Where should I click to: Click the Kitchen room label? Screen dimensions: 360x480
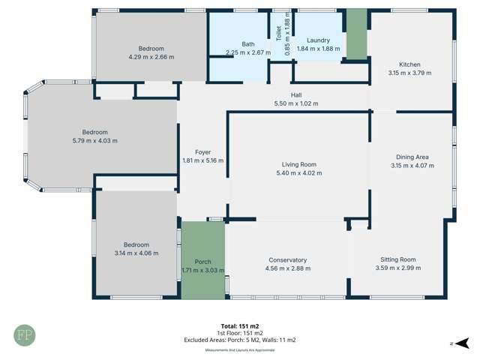409,64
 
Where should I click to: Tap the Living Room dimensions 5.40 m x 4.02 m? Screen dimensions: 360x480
298,173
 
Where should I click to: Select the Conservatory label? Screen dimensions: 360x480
288,260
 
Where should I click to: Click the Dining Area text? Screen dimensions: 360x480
411,157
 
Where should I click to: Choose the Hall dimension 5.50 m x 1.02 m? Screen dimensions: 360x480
296,103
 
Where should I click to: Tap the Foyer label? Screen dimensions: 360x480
202,151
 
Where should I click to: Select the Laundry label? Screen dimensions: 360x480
318,40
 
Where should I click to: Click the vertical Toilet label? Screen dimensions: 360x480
278,32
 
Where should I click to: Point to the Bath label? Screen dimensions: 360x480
247,44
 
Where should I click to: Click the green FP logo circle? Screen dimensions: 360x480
24,334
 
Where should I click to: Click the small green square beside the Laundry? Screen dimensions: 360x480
356,34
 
